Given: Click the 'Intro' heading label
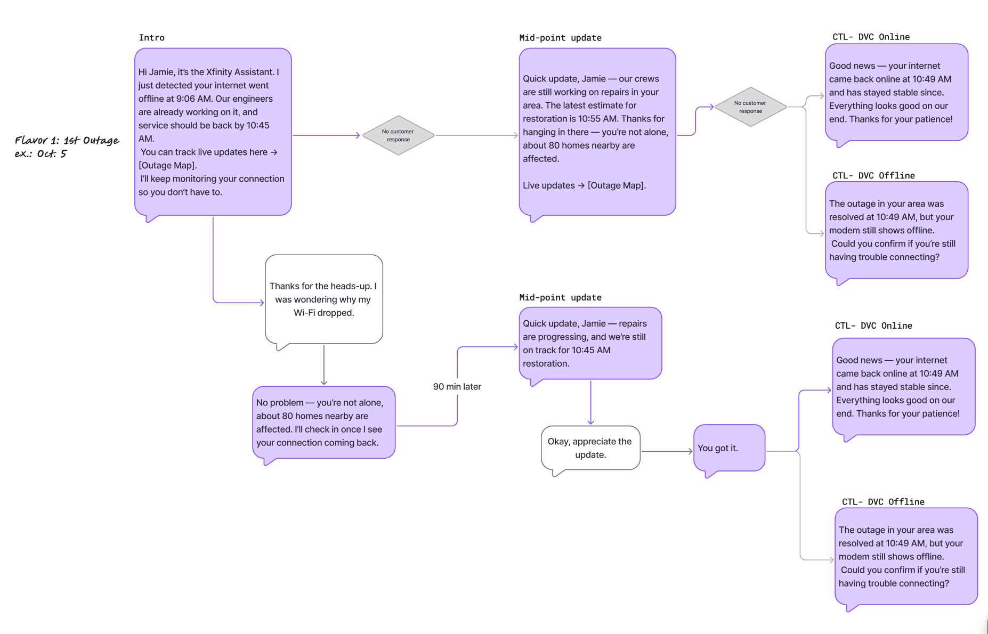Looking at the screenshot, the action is tap(151, 37).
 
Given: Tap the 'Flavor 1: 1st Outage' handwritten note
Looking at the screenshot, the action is tap(67, 140).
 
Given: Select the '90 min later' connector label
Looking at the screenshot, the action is tap(457, 386).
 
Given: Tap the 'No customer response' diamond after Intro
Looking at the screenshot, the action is tap(398, 135).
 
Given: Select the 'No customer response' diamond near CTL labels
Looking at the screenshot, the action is tap(750, 107).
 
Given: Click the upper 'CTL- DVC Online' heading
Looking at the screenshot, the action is tap(871, 37).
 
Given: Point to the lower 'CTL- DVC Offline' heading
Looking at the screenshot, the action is tap(883, 502).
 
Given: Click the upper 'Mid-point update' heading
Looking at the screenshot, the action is tap(560, 37).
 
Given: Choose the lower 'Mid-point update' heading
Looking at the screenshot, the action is tap(560, 297).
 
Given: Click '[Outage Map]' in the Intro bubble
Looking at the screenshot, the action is tap(167, 165).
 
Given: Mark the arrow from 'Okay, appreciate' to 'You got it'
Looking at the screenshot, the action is tap(667, 451).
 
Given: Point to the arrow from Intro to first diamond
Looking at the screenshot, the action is tap(327, 135).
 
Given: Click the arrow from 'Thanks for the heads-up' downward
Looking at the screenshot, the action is tap(324, 365).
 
